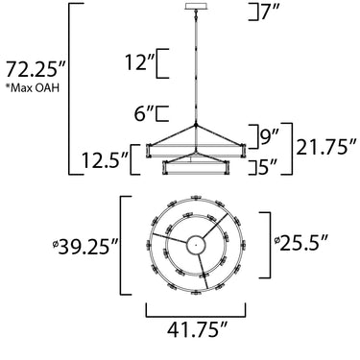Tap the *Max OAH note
33,88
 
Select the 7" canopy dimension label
271,12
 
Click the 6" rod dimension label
144,114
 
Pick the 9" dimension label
269,137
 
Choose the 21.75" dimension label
326,148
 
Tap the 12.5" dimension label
105,160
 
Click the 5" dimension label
268,167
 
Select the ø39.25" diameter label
86,246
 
